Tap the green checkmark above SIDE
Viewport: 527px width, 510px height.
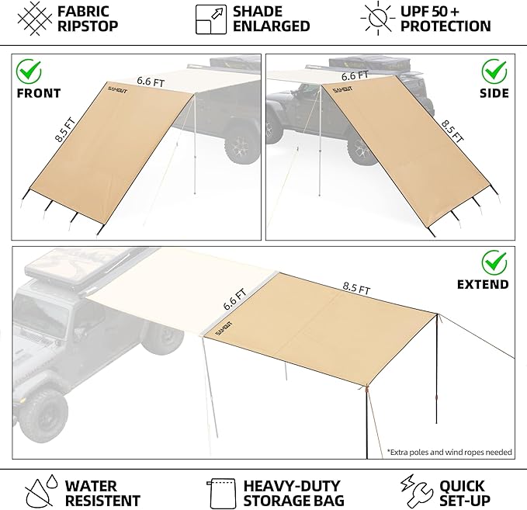pyautogui.click(x=494, y=72)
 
